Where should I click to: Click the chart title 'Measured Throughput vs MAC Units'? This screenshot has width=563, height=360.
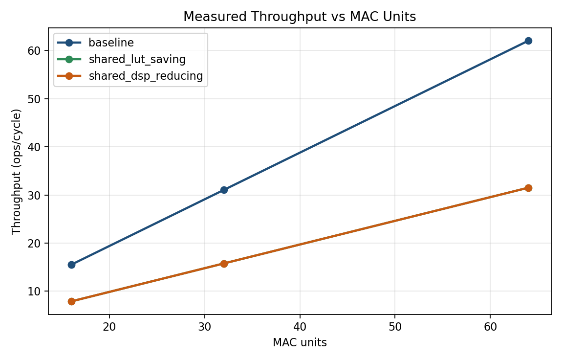click(x=300, y=17)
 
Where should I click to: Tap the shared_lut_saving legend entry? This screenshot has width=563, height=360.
click(x=137, y=60)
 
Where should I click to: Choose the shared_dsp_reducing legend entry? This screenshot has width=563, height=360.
click(x=145, y=76)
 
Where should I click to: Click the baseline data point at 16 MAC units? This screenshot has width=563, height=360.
click(x=71, y=265)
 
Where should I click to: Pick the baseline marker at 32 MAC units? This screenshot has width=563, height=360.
click(x=224, y=190)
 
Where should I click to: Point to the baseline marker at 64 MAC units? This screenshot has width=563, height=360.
click(x=528, y=41)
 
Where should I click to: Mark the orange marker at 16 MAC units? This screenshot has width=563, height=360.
click(x=71, y=301)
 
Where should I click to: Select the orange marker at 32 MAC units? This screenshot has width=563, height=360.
click(x=224, y=264)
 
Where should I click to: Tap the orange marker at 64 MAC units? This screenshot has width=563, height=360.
click(x=528, y=188)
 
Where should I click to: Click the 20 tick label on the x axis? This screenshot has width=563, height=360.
click(x=109, y=326)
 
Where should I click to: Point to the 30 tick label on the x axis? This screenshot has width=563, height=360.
click(x=205, y=326)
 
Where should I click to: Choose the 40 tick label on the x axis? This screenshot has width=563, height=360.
click(x=300, y=326)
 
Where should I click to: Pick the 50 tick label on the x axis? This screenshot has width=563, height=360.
click(x=395, y=326)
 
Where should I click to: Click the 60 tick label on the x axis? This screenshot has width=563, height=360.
click(x=490, y=326)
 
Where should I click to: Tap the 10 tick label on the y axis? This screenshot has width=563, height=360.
click(x=38, y=292)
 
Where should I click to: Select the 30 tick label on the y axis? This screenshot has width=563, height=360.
click(x=38, y=195)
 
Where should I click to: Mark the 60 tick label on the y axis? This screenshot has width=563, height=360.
click(x=38, y=51)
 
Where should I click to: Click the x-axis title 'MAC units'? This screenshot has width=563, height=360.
click(x=300, y=342)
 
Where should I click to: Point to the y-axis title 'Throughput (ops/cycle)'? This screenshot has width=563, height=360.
click(x=17, y=171)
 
